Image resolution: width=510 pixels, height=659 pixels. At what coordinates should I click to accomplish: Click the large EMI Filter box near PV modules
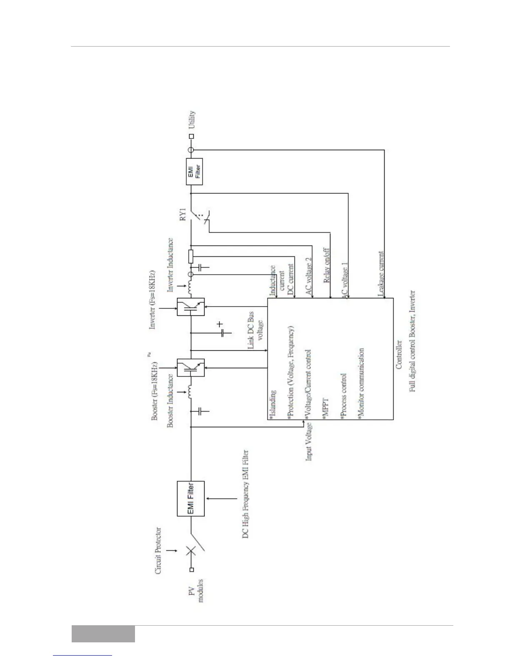coord(191,499)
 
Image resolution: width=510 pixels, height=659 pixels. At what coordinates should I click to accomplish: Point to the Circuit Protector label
coord(159,551)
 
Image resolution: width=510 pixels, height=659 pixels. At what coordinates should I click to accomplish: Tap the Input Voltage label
coord(310,441)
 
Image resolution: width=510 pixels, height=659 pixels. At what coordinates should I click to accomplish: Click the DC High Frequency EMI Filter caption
coord(246,494)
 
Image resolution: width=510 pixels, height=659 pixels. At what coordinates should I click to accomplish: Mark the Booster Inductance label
coord(170,400)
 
